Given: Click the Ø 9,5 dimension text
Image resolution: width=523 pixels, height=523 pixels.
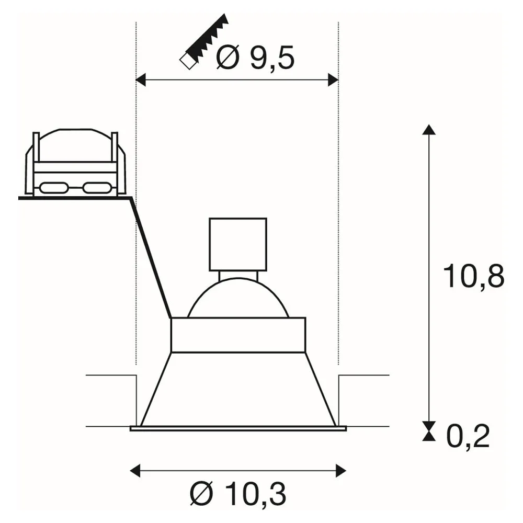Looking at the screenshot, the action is (256, 58).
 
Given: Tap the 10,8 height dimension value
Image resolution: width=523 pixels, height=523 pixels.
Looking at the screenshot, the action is (473, 277).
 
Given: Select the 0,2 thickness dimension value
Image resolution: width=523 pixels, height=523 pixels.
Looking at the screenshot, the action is (468, 436).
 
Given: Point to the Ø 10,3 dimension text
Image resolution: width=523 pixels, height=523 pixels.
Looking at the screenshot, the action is (238, 495).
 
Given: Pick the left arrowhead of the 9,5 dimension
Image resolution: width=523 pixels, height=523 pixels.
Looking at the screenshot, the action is (141, 80).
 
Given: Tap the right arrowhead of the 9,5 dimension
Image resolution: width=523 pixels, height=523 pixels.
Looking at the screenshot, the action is (333, 80).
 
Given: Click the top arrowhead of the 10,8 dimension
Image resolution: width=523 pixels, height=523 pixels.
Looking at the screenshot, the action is (429, 129).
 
